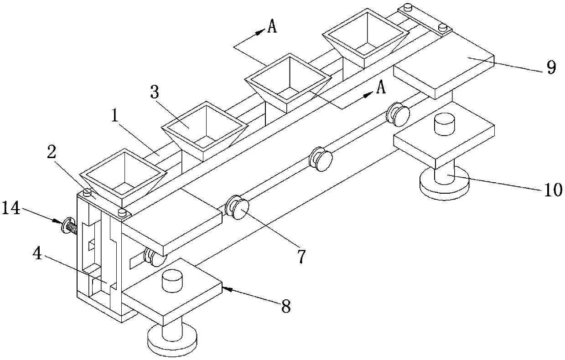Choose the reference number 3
pyautogui.click(x=155, y=93)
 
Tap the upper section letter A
pyautogui.click(x=272, y=27)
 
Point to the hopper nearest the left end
pyautogui.click(x=122, y=175)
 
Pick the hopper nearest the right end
pyautogui.click(x=364, y=39)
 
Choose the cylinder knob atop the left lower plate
pyautogui.click(x=170, y=281)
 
